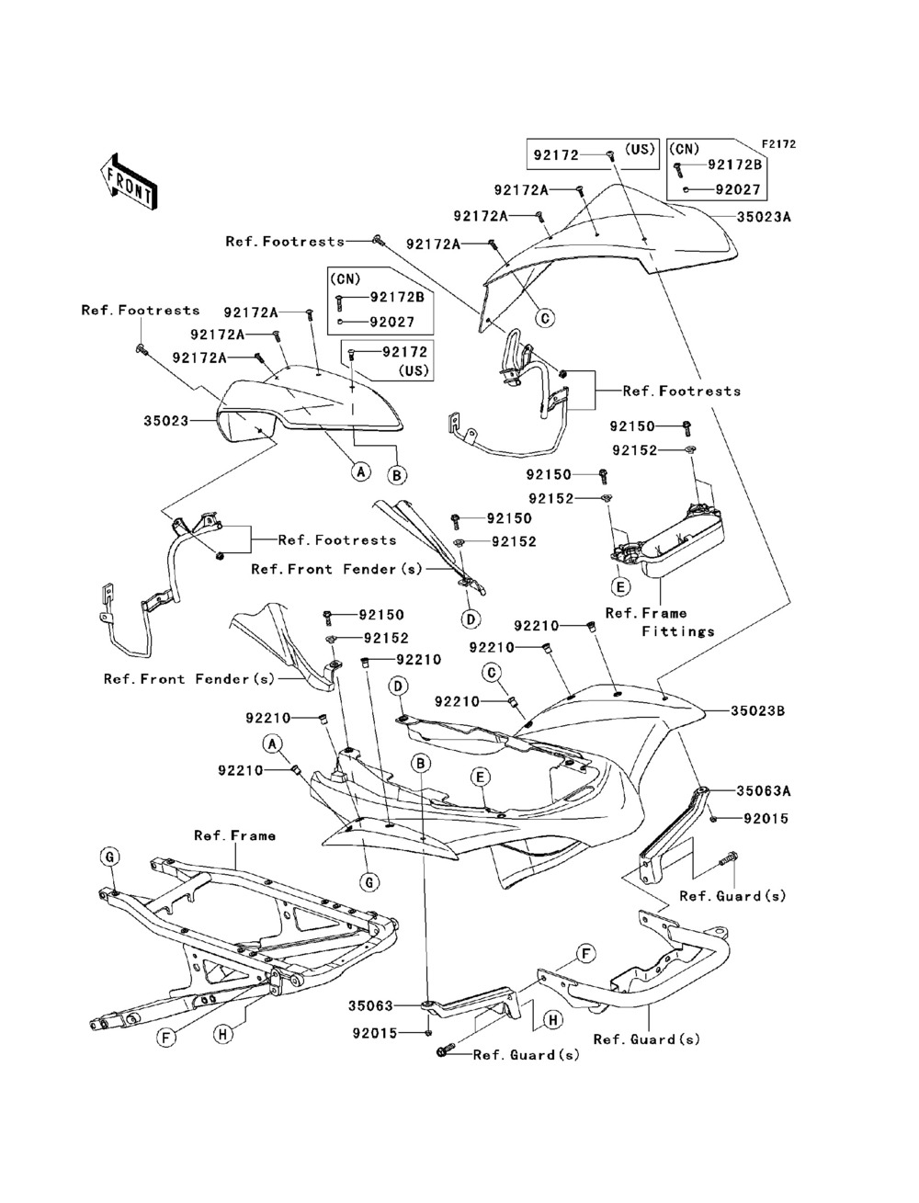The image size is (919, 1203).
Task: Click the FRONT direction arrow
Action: (130, 179)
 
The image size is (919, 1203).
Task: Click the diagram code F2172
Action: (777, 144)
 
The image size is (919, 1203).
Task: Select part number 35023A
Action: (764, 218)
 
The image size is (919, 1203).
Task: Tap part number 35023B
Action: (763, 710)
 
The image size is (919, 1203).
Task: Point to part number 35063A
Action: (763, 789)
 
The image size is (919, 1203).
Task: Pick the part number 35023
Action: (166, 421)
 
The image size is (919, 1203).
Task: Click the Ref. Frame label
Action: (234, 835)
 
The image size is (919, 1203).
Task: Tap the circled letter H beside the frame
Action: (221, 1034)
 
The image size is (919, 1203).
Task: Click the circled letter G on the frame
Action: (108, 857)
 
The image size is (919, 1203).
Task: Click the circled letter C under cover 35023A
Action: (544, 318)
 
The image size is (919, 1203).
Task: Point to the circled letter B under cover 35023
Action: (397, 475)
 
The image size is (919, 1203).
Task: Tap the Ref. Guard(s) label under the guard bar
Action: (646, 1039)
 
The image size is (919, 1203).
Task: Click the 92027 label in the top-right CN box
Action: (739, 189)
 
